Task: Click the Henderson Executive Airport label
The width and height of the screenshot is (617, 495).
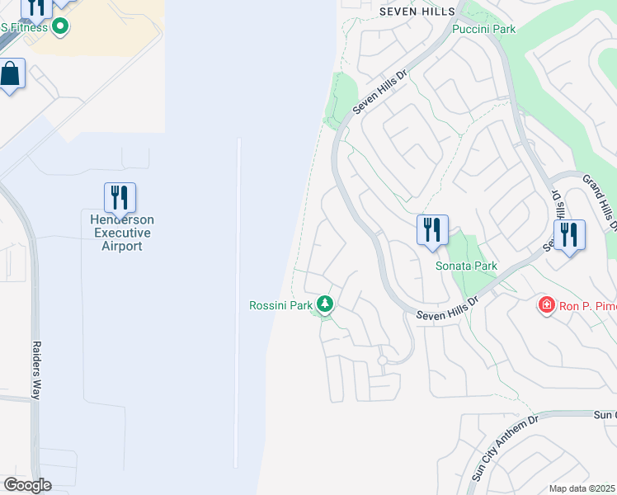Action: (122, 233)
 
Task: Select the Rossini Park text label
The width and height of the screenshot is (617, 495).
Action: (281, 305)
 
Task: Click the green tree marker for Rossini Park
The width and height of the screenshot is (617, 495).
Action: (326, 305)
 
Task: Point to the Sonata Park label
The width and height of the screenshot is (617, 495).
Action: (466, 266)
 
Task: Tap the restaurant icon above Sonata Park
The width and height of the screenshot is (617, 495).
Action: (432, 230)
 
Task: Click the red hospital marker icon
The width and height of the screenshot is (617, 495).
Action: (545, 306)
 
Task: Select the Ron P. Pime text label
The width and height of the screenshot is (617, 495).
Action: (588, 306)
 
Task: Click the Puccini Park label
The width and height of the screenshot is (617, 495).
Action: (483, 29)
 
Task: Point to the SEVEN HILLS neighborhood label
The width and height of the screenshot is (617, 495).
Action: (417, 11)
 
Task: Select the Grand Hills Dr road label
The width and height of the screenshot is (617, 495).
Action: (600, 200)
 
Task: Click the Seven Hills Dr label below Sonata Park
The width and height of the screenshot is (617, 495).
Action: (447, 309)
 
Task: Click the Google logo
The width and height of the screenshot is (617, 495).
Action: (27, 485)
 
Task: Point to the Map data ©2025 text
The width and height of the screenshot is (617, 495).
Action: (582, 488)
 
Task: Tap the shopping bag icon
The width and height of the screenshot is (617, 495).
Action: (11, 74)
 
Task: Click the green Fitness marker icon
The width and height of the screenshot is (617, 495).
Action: (59, 27)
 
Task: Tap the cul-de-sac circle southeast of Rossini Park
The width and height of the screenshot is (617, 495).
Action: (382, 361)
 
